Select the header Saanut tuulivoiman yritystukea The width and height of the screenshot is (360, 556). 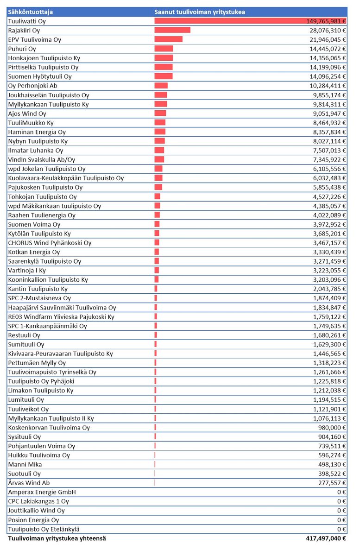click(x=200, y=12)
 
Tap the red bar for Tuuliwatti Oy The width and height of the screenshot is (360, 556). click(x=250, y=21)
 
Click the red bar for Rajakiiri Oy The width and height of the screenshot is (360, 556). click(x=172, y=30)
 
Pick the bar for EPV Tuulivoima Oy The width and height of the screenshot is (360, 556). click(x=168, y=39)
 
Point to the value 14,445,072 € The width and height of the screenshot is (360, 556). click(x=328, y=49)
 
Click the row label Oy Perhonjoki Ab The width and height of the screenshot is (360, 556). click(x=33, y=86)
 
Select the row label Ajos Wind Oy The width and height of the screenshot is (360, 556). click(x=27, y=114)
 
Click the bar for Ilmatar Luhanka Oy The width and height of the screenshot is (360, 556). click(x=159, y=151)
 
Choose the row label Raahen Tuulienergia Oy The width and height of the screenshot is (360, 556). click(x=42, y=215)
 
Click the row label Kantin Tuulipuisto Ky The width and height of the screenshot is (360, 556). click(x=38, y=289)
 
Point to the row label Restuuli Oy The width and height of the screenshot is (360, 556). click(x=24, y=335)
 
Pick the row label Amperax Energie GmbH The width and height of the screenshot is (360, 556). click(x=42, y=492)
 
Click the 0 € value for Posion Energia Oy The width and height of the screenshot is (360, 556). click(x=342, y=520)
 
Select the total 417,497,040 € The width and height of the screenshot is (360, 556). click(x=326, y=538)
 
